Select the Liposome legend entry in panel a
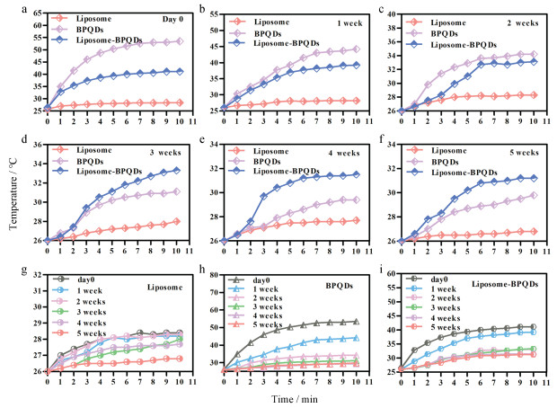tap(104, 19)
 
